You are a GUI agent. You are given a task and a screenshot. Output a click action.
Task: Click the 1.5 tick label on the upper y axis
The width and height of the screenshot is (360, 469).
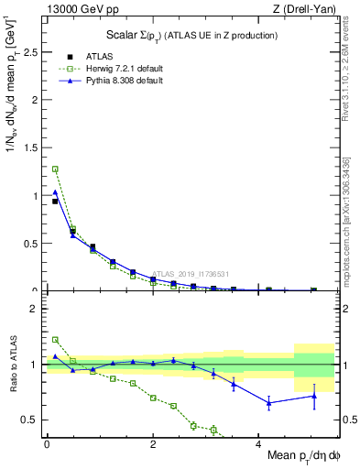[x=31, y=147]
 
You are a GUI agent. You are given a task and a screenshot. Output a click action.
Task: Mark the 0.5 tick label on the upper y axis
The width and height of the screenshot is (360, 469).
[x=31, y=243]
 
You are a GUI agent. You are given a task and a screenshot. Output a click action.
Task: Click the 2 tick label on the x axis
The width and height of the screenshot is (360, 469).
[x=153, y=443]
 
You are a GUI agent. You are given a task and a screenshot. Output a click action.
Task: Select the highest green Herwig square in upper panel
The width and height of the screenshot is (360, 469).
[x=55, y=169]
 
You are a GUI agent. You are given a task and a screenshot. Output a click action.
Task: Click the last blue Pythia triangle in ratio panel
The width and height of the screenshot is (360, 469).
[x=313, y=396]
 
